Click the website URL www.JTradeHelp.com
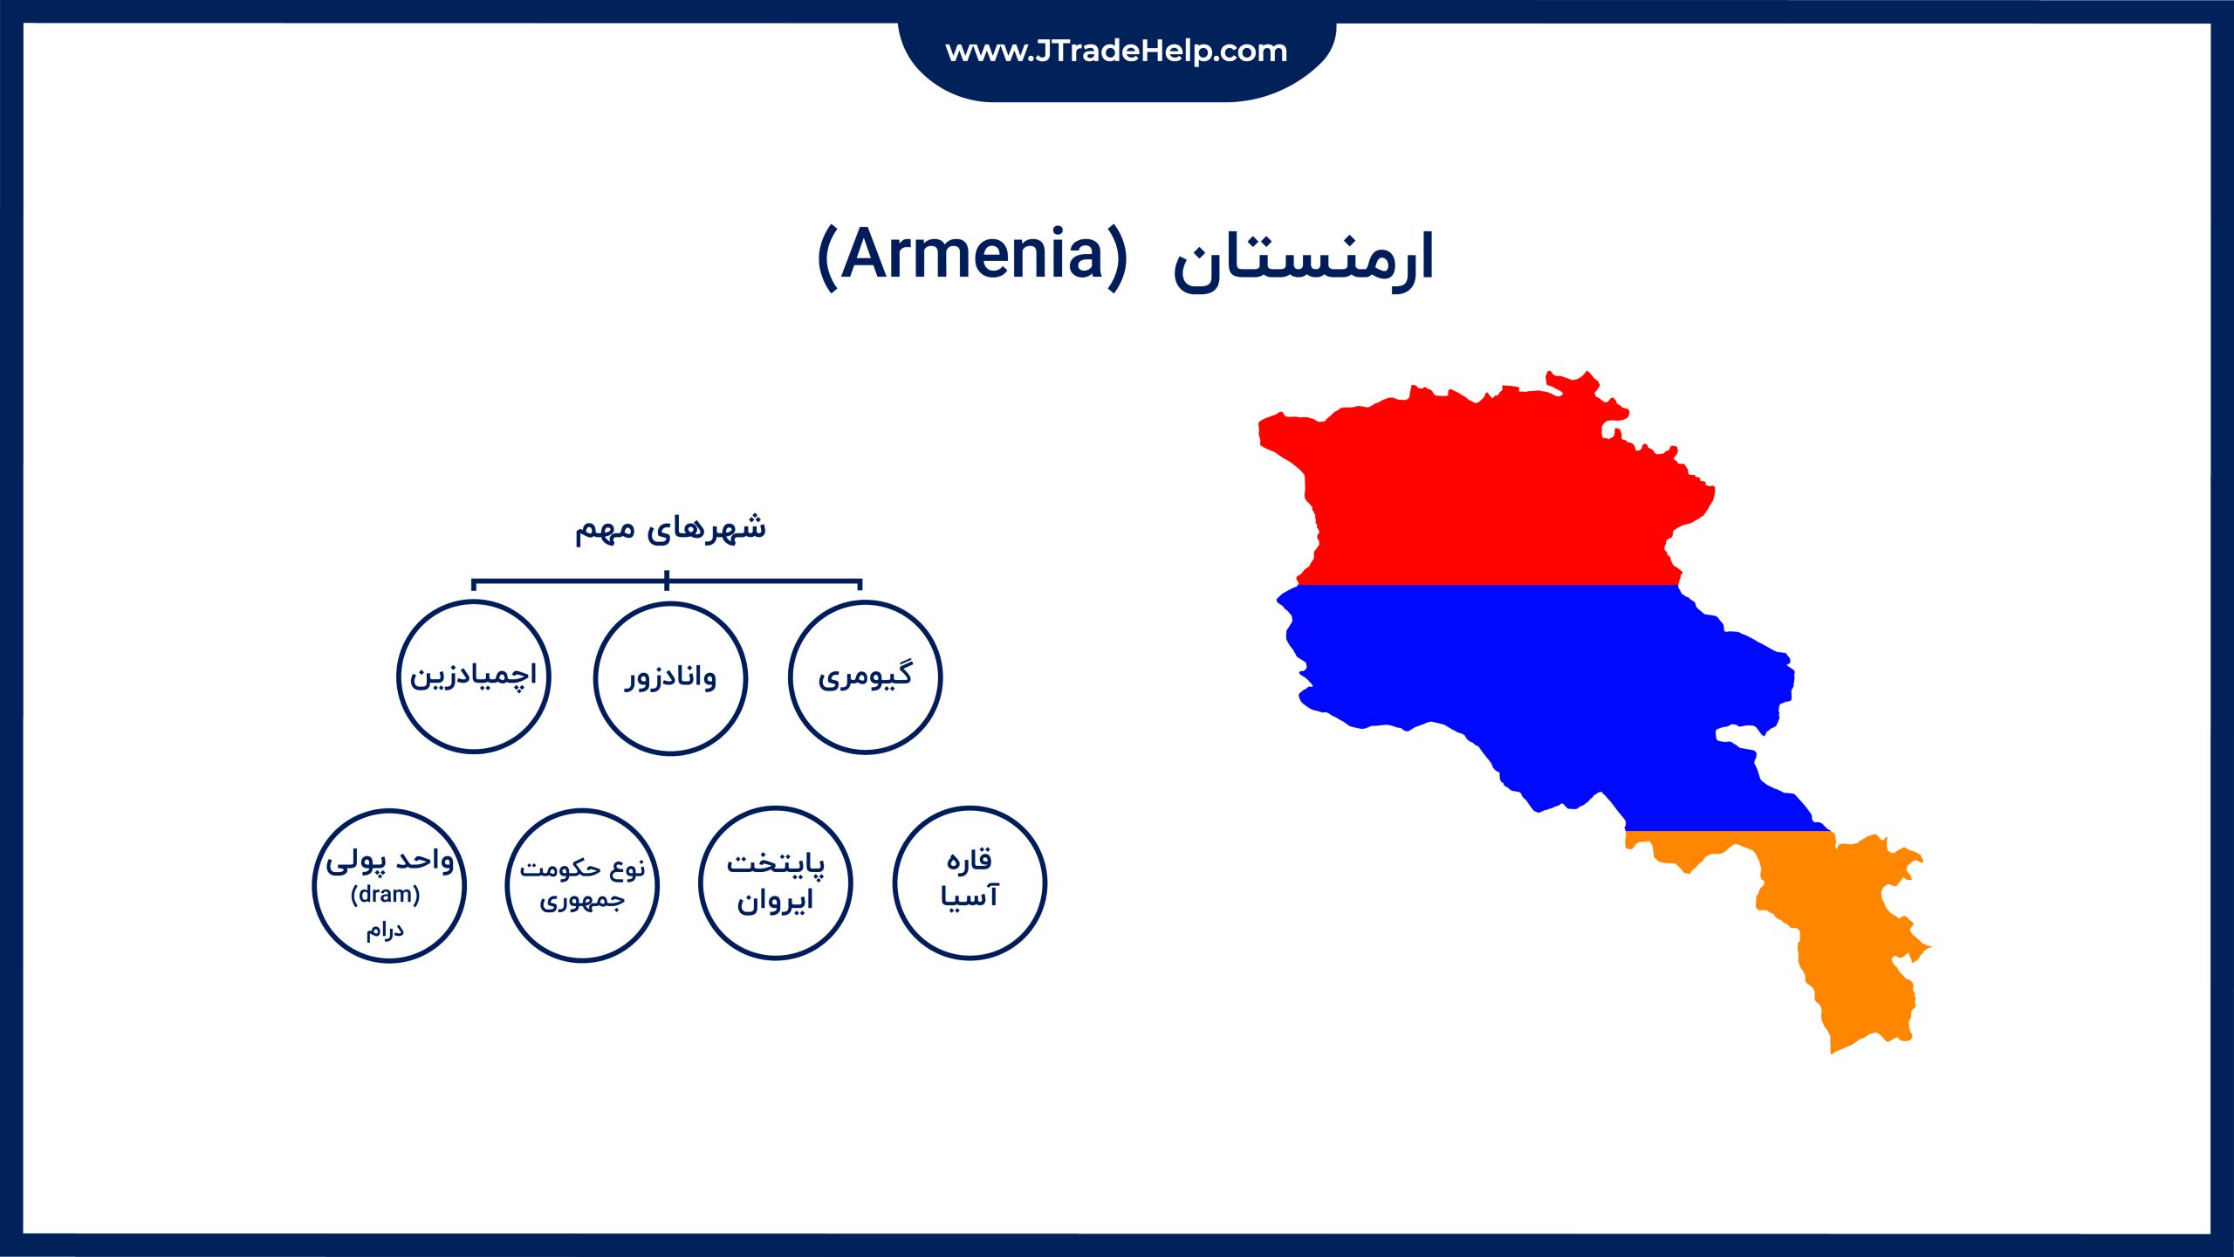(1116, 51)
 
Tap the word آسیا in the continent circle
(970, 896)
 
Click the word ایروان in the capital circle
(775, 900)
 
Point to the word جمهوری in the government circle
(582, 901)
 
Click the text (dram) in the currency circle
(385, 895)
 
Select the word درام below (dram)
(385, 930)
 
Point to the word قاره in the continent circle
(970, 860)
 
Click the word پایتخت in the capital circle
(776, 863)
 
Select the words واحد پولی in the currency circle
(390, 862)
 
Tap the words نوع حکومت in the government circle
(582, 869)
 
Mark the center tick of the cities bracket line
(667, 580)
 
